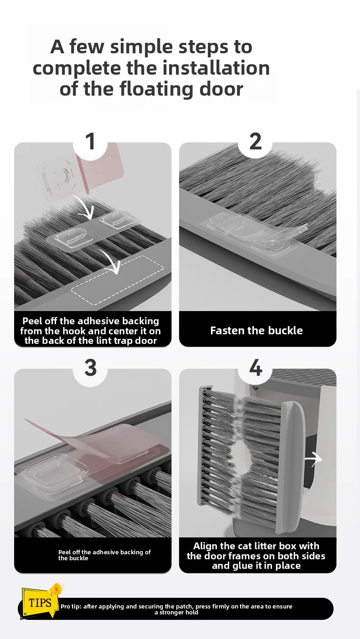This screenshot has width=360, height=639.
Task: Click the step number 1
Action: pos(91,141)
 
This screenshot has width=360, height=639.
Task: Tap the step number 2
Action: pos(256,141)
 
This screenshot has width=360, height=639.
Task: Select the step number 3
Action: pos(91,368)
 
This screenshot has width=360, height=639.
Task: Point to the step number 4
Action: pos(256,368)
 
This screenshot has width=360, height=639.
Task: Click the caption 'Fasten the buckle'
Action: pos(257,330)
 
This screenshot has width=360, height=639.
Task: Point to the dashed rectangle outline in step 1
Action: pos(117,281)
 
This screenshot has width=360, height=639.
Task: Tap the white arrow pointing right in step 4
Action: pos(314,459)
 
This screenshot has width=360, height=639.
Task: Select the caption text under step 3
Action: pos(104,555)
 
